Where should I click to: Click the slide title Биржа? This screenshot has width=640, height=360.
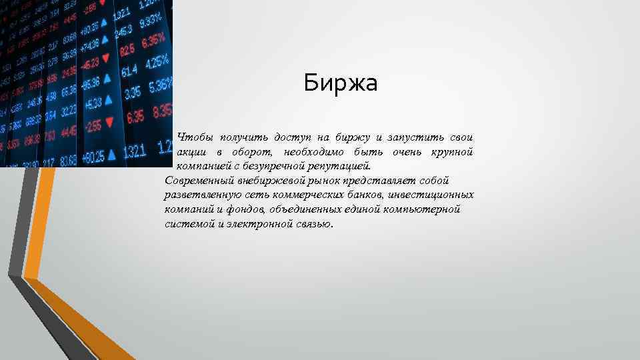click(x=340, y=84)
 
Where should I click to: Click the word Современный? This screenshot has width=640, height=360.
click(x=197, y=180)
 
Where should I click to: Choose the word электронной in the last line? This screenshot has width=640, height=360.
click(x=261, y=224)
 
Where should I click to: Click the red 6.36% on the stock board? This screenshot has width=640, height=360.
click(x=154, y=40)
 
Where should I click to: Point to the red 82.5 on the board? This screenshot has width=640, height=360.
click(x=127, y=50)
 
